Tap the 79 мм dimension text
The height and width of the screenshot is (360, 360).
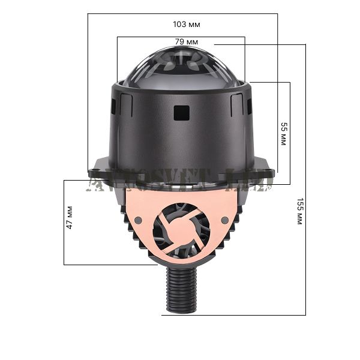pos(187,42)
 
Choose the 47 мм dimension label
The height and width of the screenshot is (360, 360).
pos(70,219)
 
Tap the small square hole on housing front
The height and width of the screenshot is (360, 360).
pos(181,112)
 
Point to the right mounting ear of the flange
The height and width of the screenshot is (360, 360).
pos(264,168)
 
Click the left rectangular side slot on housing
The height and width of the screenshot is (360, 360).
pos(113,107)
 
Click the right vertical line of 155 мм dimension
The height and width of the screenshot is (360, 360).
pos(305,180)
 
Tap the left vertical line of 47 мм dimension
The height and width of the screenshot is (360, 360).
pos(64,222)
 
